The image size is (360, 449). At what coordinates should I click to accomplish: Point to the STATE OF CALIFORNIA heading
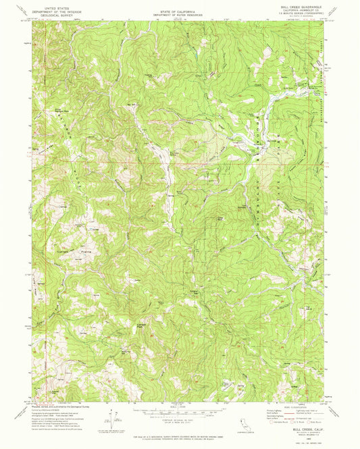point(179,4)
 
